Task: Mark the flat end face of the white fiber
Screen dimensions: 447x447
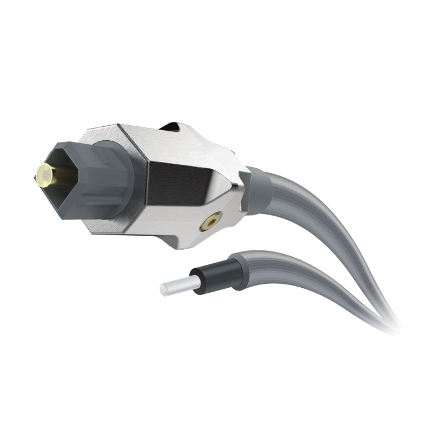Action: [x=163, y=289]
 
